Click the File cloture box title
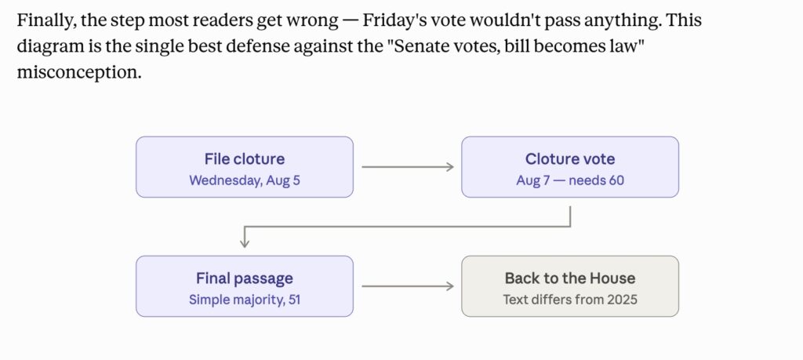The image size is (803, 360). [x=245, y=158]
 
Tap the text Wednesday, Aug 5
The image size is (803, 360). [x=245, y=180]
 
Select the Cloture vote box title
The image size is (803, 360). [x=570, y=158]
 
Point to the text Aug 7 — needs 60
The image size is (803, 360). [x=570, y=180]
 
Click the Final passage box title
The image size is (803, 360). [x=245, y=278]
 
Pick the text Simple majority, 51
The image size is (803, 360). [x=245, y=300]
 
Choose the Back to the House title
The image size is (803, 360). [x=570, y=278]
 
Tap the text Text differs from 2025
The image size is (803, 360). [x=570, y=300]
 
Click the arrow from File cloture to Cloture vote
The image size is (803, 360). [x=408, y=167]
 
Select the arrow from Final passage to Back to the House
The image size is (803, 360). [x=408, y=286]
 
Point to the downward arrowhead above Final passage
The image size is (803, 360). [x=245, y=243]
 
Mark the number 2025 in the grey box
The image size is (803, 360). [x=622, y=300]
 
